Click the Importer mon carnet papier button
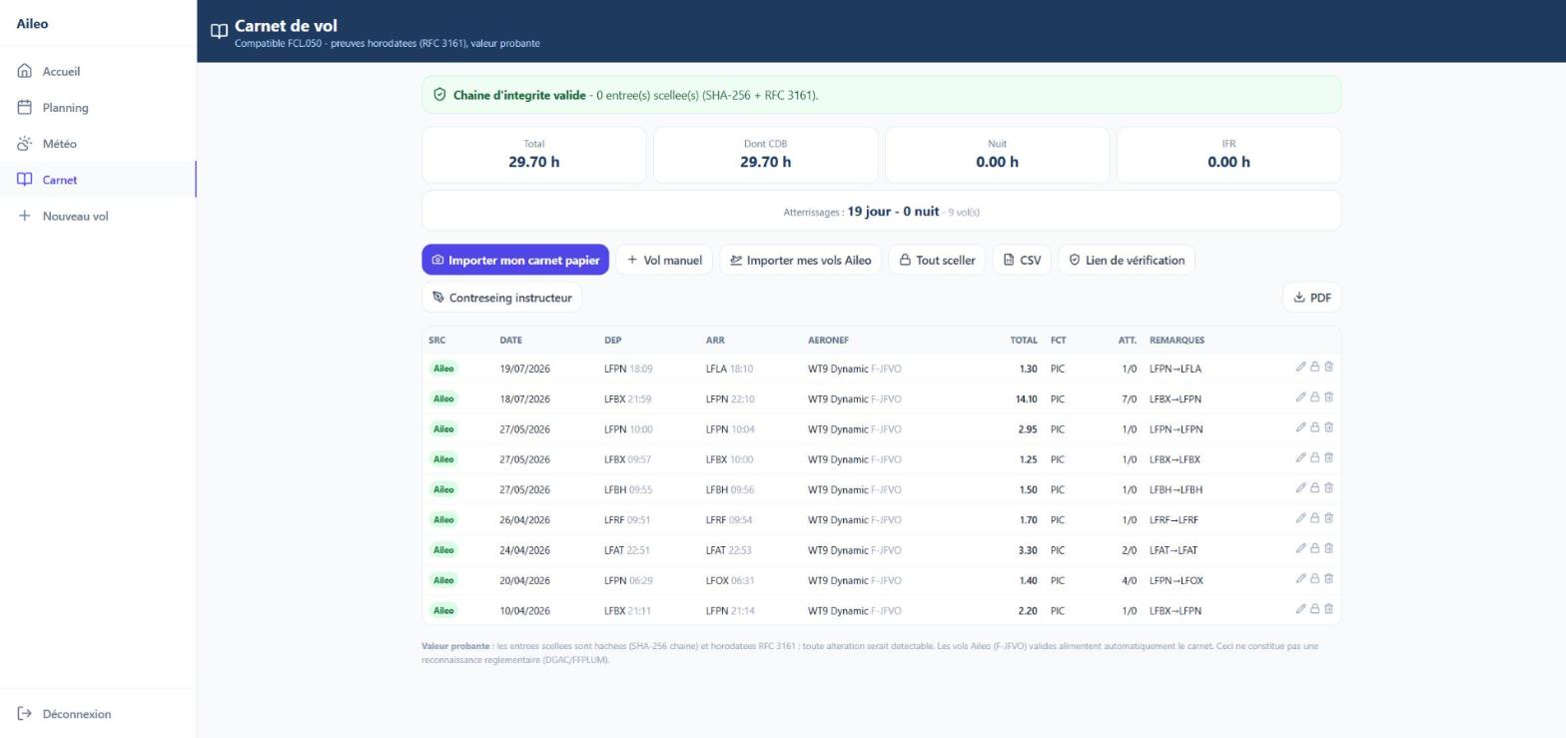515,260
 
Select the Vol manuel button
664,260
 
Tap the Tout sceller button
937,260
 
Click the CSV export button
1022,260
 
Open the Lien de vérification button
1127,260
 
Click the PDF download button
1311,298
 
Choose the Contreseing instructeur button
501,298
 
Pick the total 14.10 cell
1026,399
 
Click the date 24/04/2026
524,550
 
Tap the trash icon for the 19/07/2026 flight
1329,367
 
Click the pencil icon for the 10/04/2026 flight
1300,609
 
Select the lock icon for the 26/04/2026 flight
1315,518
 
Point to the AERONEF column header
828,341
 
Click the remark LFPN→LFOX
1175,581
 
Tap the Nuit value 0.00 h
997,162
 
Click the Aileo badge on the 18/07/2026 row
443,399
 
